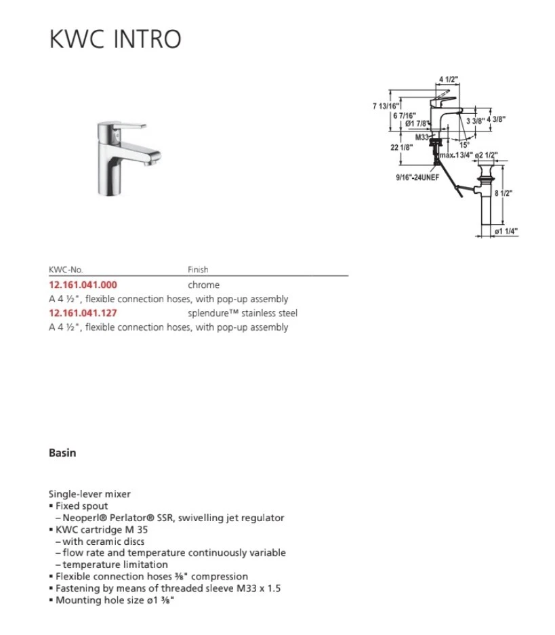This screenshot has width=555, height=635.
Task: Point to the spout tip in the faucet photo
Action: point(155,161)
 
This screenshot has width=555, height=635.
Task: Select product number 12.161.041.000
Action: point(83,285)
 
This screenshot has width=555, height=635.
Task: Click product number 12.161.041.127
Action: point(83,313)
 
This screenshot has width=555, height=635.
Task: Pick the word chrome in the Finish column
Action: point(203,285)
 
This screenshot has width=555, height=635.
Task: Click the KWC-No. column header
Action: point(66,270)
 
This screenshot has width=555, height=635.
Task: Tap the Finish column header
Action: point(198,270)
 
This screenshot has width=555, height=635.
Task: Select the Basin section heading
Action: point(62,453)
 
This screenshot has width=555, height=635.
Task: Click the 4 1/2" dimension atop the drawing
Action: point(449,79)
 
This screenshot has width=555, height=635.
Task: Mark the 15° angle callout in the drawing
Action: point(464,144)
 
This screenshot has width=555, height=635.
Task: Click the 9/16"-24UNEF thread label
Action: point(418,177)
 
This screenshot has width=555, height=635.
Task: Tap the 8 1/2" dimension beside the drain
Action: point(503,192)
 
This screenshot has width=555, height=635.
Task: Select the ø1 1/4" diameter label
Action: point(506,231)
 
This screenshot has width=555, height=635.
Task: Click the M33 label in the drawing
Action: point(423,136)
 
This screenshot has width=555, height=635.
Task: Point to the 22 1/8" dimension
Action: point(402,146)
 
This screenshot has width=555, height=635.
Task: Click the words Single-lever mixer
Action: point(89,494)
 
